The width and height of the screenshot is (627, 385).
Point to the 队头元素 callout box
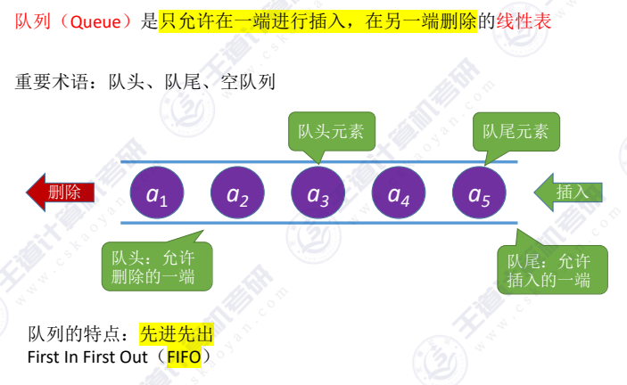click(331, 132)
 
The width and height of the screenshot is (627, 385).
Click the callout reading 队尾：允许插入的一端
click(549, 270)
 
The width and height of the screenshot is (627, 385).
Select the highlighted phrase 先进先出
click(177, 335)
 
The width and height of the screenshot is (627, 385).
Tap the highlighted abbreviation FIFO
click(182, 357)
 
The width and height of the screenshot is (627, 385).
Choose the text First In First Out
click(83, 357)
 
